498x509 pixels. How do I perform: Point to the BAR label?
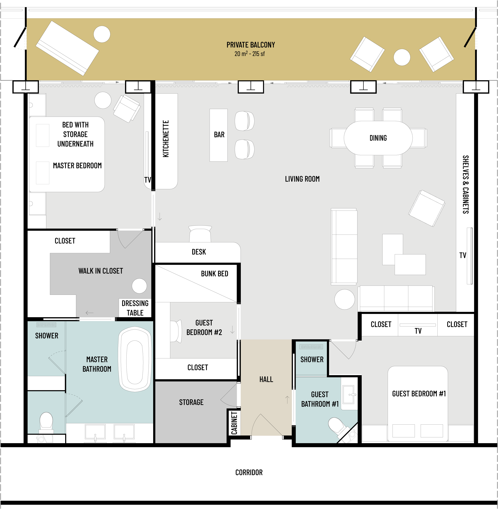tap(219, 135)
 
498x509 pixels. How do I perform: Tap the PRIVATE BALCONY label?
tap(251, 45)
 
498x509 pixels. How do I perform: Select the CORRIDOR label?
tap(249, 473)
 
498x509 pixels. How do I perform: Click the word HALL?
tap(266, 379)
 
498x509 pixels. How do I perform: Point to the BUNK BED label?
tap(214, 274)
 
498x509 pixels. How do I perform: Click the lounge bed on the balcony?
tap(67, 48)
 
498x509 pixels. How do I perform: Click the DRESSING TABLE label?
tap(135, 308)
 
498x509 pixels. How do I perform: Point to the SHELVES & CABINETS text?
tap(466, 185)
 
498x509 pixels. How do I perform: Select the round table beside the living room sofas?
tap(345, 299)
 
